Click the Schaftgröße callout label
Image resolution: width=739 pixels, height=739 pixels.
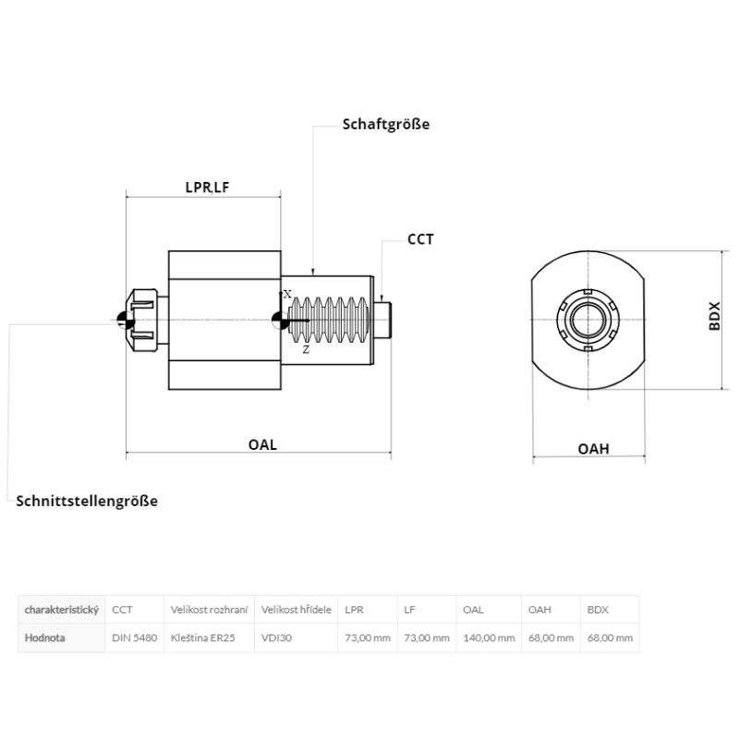click(386, 125)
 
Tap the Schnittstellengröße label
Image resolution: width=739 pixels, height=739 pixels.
click(87, 501)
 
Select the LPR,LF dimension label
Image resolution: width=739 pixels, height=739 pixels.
click(207, 188)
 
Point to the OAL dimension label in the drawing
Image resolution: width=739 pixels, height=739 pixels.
click(262, 444)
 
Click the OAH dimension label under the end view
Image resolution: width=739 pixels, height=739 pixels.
click(593, 449)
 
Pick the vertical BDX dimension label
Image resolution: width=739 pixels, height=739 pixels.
click(715, 316)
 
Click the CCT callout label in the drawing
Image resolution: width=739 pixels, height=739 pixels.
click(420, 239)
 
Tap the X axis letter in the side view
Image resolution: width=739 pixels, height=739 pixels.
click(287, 294)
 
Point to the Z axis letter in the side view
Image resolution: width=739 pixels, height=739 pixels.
click(307, 350)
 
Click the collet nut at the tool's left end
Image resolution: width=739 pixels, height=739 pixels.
click(141, 321)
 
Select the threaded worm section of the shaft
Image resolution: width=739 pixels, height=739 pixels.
click(329, 321)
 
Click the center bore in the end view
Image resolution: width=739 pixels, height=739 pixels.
click(588, 320)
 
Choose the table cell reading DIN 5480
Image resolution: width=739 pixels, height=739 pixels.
click(134, 637)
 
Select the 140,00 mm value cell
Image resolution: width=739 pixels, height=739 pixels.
click(489, 637)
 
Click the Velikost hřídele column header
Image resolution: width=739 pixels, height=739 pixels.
click(296, 610)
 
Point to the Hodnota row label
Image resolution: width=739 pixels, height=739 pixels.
click(44, 637)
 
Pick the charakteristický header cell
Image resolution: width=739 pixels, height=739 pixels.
click(61, 610)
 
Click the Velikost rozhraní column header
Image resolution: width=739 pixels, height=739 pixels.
click(209, 610)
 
